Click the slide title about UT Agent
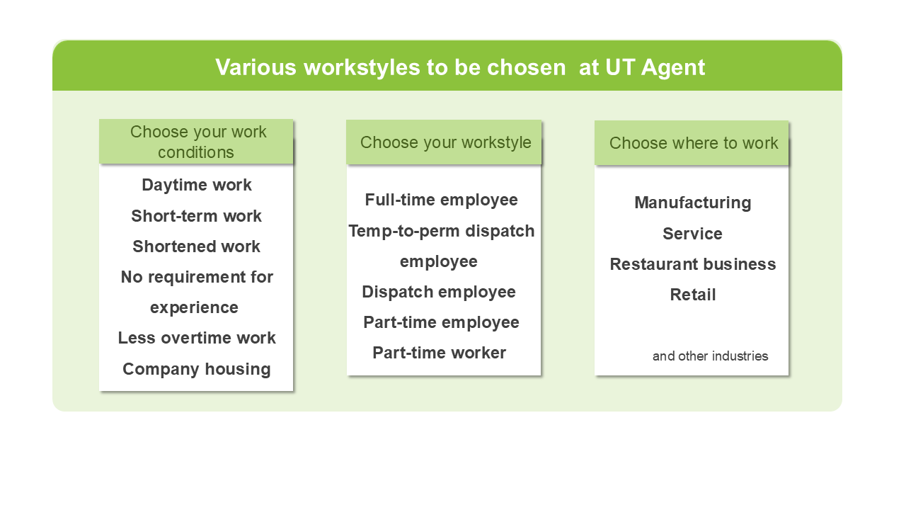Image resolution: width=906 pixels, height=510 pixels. [460, 67]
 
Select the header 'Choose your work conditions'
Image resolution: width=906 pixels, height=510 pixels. [197, 142]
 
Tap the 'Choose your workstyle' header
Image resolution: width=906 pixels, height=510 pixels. [445, 142]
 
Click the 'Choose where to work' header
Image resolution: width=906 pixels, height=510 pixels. [693, 143]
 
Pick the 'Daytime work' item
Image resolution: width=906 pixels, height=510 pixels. [197, 185]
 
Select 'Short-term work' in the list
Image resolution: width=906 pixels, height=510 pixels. [196, 216]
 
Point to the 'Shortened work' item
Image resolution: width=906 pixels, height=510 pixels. [196, 246]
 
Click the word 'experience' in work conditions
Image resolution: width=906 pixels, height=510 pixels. [194, 308]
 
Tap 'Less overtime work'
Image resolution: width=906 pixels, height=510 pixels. [197, 338]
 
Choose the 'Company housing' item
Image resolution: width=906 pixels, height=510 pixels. [197, 369]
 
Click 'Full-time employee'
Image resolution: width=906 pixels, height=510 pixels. [441, 200]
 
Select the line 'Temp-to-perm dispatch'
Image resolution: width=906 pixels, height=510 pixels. [441, 231]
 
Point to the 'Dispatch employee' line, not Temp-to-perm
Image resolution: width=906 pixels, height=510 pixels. [438, 293]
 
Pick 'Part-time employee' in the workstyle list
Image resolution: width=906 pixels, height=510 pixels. [441, 322]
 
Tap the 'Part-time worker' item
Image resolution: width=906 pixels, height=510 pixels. [439, 353]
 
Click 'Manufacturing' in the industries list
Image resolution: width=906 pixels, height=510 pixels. [692, 203]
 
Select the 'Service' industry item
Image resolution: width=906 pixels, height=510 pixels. [692, 234]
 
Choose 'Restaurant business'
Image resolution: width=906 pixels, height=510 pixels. [693, 264]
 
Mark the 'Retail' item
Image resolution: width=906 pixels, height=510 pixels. [693, 295]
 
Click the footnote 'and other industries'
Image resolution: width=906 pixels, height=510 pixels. [710, 356]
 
